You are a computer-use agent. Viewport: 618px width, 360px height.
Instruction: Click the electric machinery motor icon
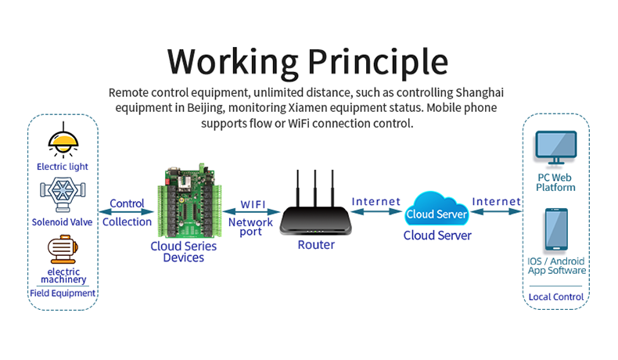[63, 250]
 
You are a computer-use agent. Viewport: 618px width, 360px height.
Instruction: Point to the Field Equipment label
[63, 293]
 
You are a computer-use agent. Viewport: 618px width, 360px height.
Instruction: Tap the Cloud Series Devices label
[184, 251]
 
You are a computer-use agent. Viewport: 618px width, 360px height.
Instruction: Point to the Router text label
[316, 245]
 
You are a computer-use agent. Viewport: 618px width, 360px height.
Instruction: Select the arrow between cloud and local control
[497, 211]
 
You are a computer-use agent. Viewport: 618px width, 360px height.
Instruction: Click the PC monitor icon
[555, 149]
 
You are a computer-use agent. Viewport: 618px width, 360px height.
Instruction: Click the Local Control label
[556, 297]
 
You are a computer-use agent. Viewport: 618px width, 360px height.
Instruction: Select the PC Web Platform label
[556, 182]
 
